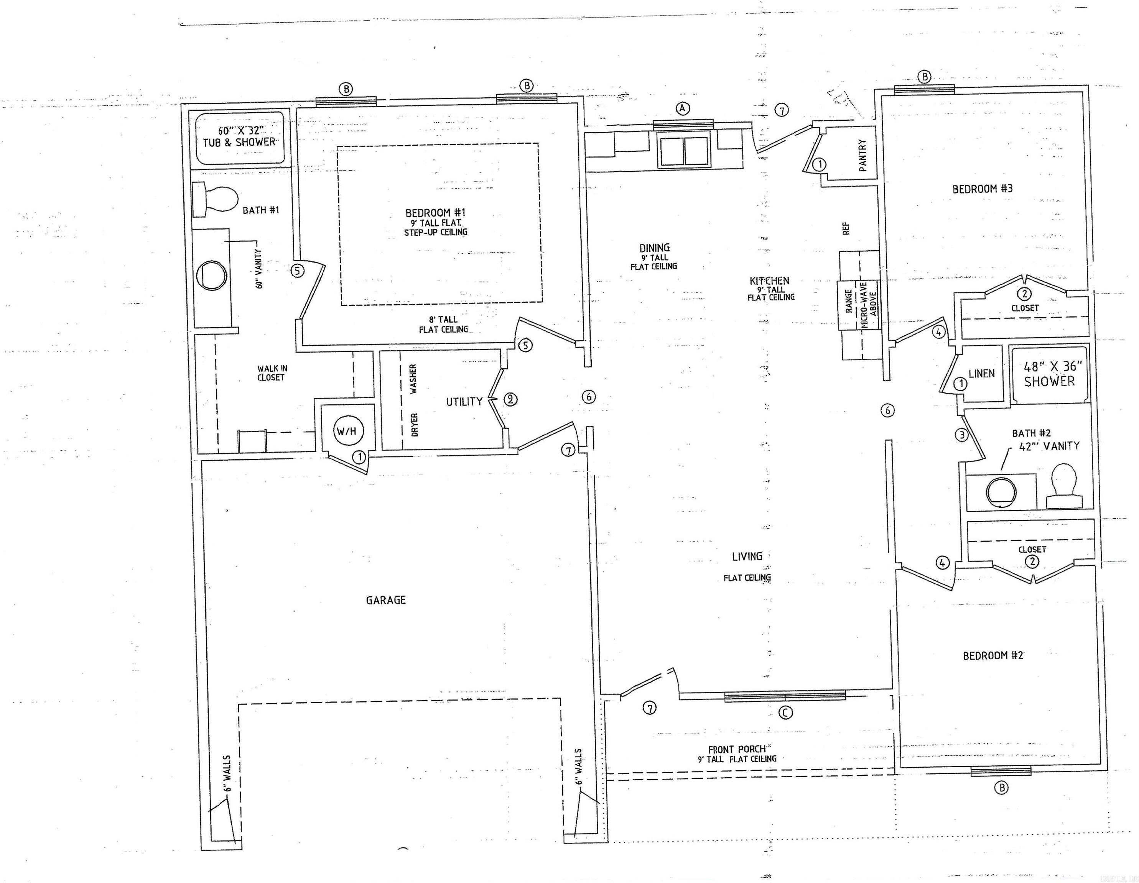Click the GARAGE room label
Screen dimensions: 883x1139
click(385, 600)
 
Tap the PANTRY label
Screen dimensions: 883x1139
click(862, 155)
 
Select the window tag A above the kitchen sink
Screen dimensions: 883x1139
click(682, 108)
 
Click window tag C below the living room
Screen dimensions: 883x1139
click(785, 712)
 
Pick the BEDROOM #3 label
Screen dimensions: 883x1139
click(982, 189)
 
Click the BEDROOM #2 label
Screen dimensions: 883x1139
click(993, 655)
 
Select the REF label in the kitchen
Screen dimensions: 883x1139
click(846, 228)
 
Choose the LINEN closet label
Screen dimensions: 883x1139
click(981, 373)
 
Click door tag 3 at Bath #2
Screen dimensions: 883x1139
click(961, 434)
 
